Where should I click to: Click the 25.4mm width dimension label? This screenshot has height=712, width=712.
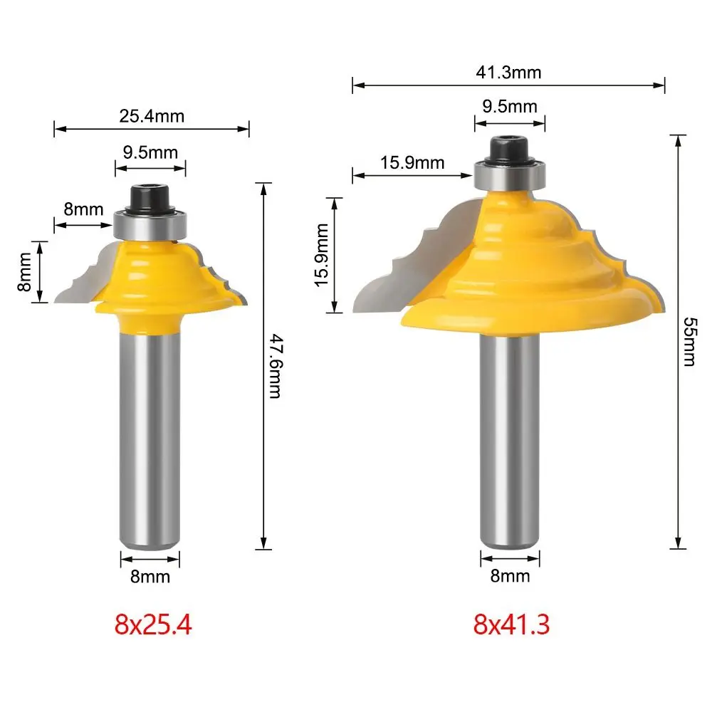coord(152,116)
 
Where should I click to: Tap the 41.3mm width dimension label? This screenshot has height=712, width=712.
coord(508,72)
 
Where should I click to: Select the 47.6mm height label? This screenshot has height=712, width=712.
coord(276,366)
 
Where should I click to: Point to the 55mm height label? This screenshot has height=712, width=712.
coord(689,342)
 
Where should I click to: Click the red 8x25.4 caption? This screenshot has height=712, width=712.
coord(153,624)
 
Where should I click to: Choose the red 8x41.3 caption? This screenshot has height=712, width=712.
coord(511,624)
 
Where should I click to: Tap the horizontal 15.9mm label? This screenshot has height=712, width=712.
coord(412,162)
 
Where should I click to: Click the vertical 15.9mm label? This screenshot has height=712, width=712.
coord(322,255)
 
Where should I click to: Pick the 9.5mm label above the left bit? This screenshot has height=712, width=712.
coord(150,152)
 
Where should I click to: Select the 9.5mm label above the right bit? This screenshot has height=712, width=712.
coord(510,106)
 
